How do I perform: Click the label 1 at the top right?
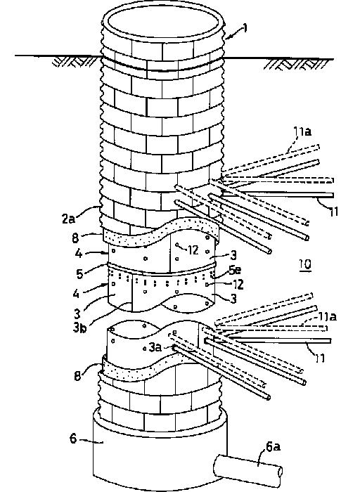(245, 28)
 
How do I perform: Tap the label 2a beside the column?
(68, 219)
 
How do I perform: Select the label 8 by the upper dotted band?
(75, 238)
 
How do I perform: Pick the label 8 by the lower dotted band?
(77, 375)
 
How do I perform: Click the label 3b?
(79, 328)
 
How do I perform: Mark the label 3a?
(155, 347)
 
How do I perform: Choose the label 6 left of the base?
(73, 438)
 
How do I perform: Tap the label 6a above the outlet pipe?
(273, 446)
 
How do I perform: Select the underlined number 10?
(304, 264)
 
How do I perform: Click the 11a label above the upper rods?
(302, 131)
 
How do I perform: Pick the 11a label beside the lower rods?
(328, 316)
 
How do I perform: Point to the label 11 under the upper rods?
(333, 212)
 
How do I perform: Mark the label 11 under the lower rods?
(320, 358)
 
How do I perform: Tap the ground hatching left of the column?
(74, 62)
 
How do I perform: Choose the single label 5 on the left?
(80, 273)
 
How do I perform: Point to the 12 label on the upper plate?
(193, 250)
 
